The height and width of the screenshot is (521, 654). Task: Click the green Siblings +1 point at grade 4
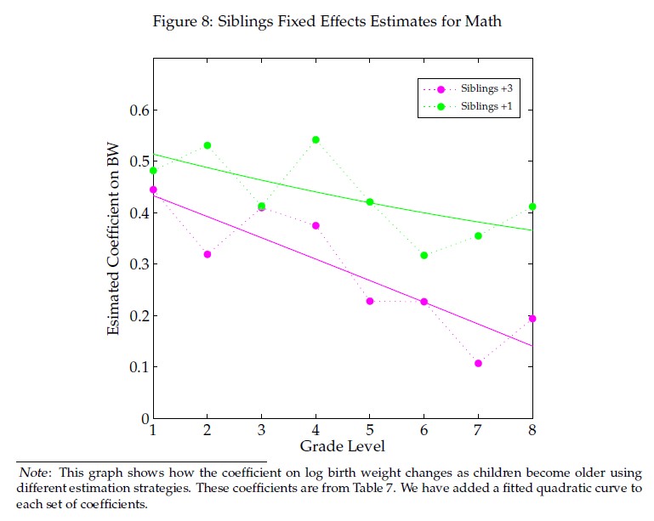click(x=316, y=139)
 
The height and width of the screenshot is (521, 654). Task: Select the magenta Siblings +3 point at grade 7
click(x=478, y=363)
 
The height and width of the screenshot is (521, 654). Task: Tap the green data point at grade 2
click(x=208, y=145)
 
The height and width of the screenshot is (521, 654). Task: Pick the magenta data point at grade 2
click(x=208, y=254)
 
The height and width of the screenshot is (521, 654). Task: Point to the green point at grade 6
click(x=424, y=255)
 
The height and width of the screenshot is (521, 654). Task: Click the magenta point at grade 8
click(x=532, y=319)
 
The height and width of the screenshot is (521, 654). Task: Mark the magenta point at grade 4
click(x=316, y=225)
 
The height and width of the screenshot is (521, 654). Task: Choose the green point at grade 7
click(x=478, y=235)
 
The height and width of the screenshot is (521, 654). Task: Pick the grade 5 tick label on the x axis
click(x=370, y=431)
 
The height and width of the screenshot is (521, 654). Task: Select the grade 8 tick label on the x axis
click(x=532, y=431)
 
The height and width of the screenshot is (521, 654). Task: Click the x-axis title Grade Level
click(x=343, y=445)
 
